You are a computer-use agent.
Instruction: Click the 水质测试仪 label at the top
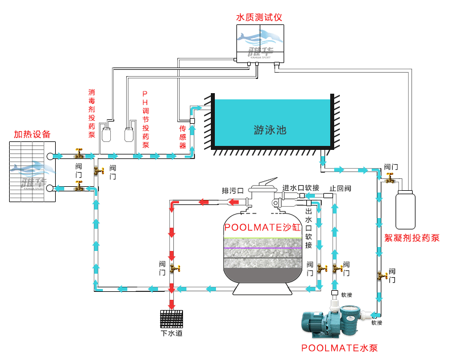point(259,17)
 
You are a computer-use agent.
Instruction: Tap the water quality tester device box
point(259,43)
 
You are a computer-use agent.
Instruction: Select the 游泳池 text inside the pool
point(270,129)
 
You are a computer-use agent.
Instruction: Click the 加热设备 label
point(32,135)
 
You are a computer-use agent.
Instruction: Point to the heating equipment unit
point(32,171)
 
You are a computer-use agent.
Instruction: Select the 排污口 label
point(232,190)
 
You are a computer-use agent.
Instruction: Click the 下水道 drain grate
point(172,319)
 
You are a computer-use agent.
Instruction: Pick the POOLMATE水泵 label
point(339,348)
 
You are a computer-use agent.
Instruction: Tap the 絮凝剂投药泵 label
point(412,237)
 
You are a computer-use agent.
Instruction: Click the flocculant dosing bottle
point(405,210)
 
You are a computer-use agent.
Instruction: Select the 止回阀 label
point(340,189)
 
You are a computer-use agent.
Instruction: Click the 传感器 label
point(182,137)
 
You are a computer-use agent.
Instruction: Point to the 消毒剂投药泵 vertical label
point(92,114)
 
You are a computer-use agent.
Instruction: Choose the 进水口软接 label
point(301,187)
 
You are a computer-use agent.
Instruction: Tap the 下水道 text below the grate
point(172,334)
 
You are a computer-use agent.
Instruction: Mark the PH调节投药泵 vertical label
point(145,119)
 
